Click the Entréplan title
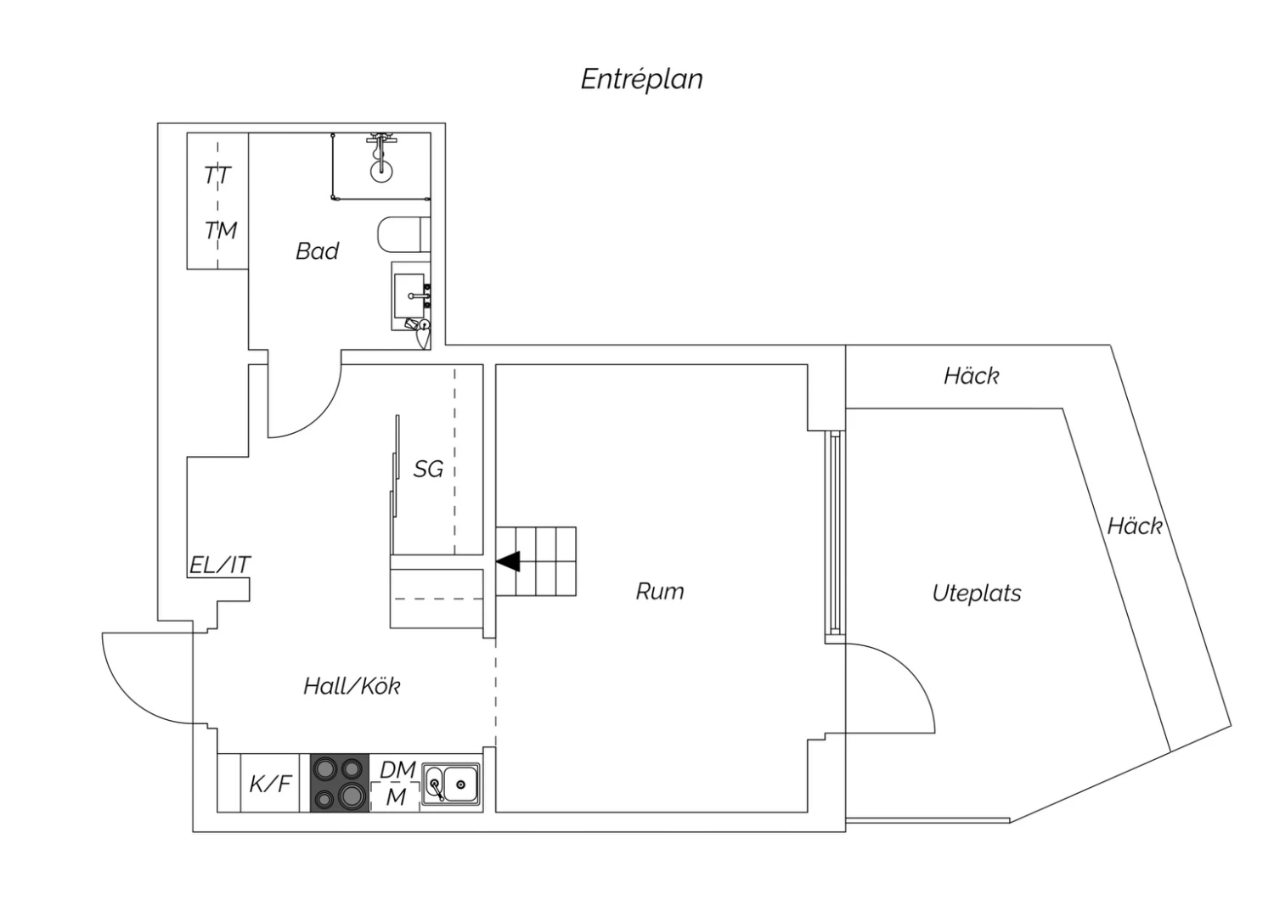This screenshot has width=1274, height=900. click(x=641, y=80)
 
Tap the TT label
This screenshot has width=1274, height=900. click(x=217, y=176)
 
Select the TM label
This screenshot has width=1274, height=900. click(x=221, y=230)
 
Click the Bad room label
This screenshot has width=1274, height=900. click(x=318, y=250)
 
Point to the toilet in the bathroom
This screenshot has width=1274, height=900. click(x=403, y=234)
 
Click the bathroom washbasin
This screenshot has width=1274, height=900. click(x=410, y=295)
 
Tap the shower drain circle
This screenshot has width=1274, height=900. click(x=381, y=170)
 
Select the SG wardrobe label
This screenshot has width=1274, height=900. click(x=428, y=469)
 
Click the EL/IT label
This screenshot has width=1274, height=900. click(x=219, y=565)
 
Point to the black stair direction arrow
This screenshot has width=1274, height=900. click(x=508, y=562)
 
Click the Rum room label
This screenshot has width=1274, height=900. click(x=660, y=591)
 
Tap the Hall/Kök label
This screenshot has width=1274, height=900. click(x=352, y=686)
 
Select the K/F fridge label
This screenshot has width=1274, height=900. click(x=271, y=784)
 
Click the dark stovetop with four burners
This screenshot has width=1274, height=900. click(x=340, y=783)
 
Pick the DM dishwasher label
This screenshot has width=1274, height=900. click(x=397, y=770)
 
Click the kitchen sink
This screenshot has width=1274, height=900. click(x=450, y=785)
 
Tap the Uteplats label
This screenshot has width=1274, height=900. click(x=977, y=593)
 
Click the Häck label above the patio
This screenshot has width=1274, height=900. click(x=971, y=376)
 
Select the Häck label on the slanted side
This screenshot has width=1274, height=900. click(x=1134, y=526)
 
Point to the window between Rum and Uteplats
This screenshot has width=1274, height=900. click(x=835, y=533)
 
